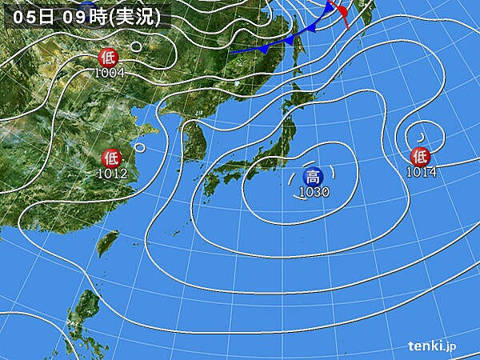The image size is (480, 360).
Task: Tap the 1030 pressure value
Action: [314, 192]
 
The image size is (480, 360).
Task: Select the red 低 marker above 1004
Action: [107, 58]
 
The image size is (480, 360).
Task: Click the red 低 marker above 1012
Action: [111, 158]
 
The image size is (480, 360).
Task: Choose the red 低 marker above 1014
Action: [420, 156]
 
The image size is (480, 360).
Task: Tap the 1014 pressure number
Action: [422, 170]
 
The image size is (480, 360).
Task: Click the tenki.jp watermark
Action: [433, 346]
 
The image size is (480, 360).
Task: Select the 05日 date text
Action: [30, 15]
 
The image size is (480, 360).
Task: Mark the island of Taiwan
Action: [110, 240]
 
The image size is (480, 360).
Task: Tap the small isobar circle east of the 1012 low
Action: [140, 146]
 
